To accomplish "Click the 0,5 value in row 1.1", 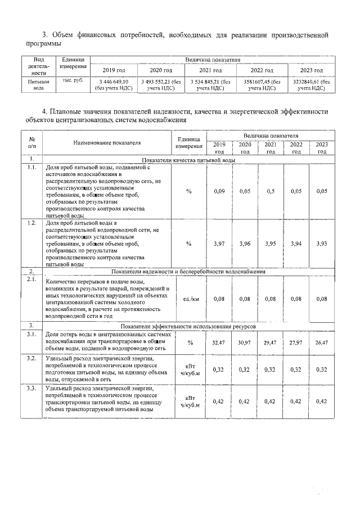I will point(271,192).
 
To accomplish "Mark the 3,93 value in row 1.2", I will point(322,244).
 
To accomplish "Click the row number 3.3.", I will point(32,388).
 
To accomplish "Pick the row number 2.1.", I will point(32,279).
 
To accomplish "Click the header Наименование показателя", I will point(107,144).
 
